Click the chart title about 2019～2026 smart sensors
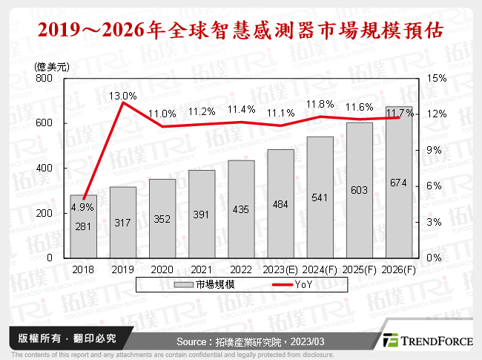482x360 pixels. [x=241, y=30]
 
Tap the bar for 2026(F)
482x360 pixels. [x=399, y=186]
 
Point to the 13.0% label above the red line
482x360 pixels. [x=123, y=96]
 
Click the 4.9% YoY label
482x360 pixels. [x=83, y=207]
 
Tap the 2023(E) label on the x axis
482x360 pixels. [x=280, y=270]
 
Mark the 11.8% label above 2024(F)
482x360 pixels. [x=320, y=103]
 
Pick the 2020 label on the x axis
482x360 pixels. [x=162, y=270]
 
